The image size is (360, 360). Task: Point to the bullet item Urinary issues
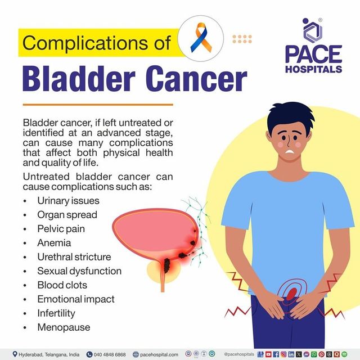68,200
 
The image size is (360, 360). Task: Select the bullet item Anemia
54,243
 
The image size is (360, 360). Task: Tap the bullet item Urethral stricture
74,257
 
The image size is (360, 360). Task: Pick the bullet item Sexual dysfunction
79,271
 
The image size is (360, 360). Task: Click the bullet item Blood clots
58,285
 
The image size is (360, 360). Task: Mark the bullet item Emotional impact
75,299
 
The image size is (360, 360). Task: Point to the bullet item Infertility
56,313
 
